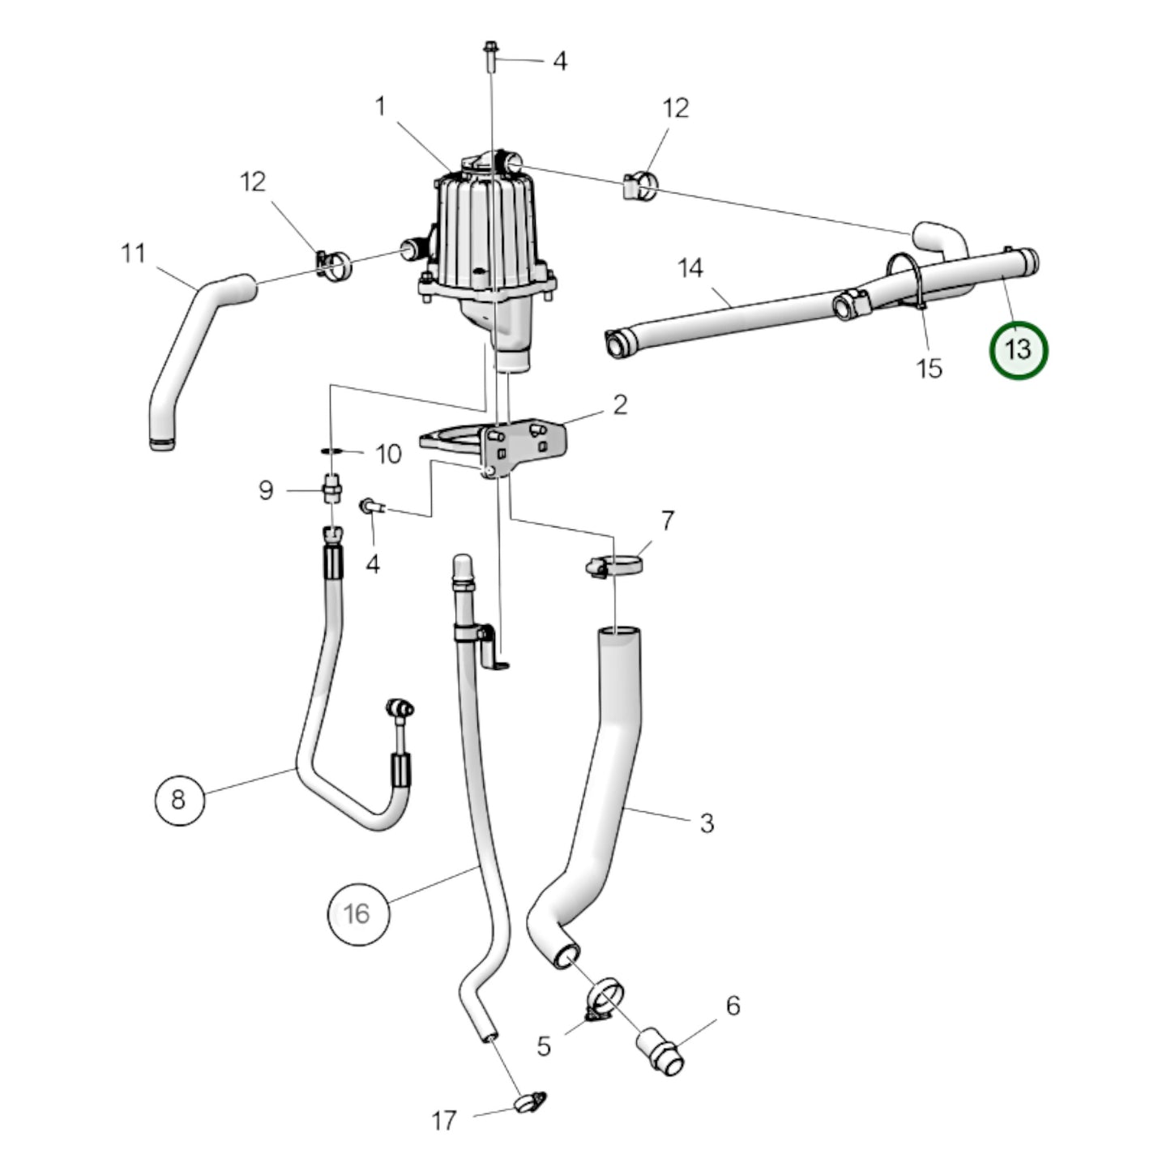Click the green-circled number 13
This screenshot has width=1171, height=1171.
point(1018,350)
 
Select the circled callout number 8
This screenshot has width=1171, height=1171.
point(178,800)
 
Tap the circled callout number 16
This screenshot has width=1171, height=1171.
point(357,914)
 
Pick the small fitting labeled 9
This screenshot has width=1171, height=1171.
point(331,489)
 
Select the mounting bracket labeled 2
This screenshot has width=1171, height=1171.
point(502,444)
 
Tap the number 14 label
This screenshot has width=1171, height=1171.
point(690,268)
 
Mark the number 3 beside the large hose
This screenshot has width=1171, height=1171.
point(707,823)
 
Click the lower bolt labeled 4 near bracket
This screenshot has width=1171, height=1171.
point(370,506)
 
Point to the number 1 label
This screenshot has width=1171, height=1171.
point(380,106)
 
